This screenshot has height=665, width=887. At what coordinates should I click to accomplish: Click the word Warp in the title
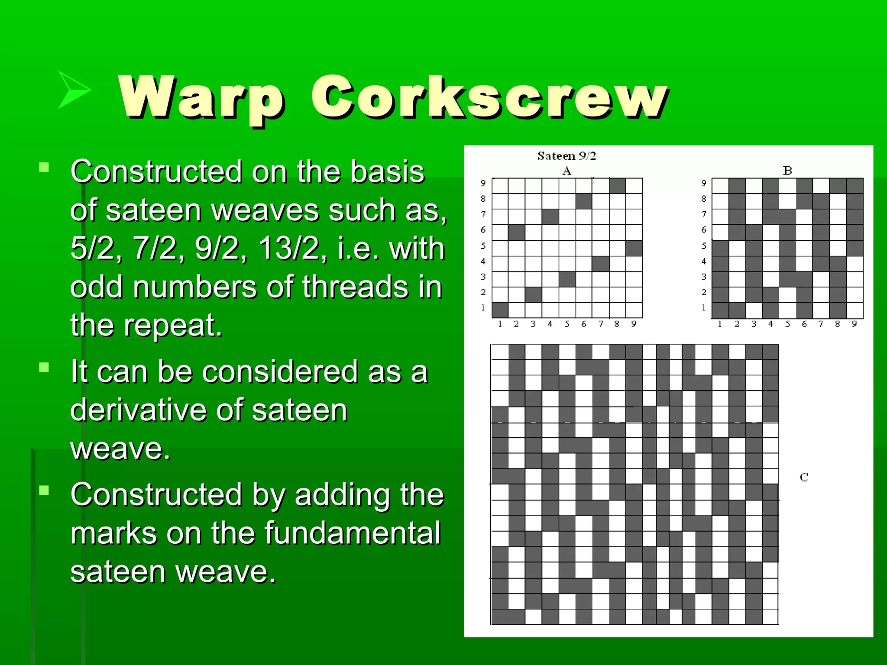click(x=202, y=97)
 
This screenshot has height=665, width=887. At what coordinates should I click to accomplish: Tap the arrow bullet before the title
click(x=74, y=90)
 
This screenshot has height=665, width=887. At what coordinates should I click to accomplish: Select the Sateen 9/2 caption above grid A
click(x=567, y=156)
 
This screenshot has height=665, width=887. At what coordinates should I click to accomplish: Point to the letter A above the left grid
click(x=567, y=171)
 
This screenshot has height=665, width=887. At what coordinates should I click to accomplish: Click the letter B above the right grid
click(x=787, y=171)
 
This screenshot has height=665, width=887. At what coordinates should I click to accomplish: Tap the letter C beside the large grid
click(x=804, y=477)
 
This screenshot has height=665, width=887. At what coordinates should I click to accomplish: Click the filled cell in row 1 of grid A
click(x=500, y=310)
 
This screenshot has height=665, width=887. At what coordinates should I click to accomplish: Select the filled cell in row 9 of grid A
click(x=618, y=186)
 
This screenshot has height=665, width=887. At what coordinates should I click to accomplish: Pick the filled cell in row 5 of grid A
click(x=634, y=248)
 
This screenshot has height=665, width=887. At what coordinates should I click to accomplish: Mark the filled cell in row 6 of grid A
click(x=517, y=232)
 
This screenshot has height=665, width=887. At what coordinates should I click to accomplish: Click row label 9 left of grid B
click(x=704, y=183)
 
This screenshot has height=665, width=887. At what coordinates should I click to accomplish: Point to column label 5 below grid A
click(x=567, y=324)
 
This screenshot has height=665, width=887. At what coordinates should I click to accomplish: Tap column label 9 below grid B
click(x=854, y=324)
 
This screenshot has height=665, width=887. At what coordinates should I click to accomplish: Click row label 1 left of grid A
click(x=483, y=308)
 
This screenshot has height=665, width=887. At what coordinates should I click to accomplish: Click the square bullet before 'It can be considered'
click(x=44, y=368)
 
